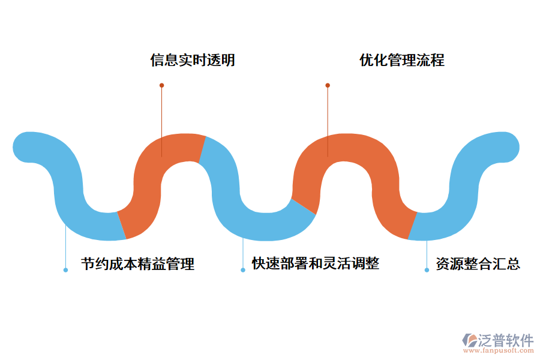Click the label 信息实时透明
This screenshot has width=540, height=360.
point(192,61)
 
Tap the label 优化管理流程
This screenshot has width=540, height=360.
point(401,61)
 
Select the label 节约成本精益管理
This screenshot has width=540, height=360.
point(137,264)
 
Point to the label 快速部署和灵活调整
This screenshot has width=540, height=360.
point(315,263)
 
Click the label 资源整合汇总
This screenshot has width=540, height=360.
point(478,264)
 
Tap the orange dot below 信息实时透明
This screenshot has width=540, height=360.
point(161,85)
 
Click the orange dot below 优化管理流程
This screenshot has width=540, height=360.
point(328,85)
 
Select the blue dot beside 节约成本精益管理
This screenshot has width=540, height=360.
point(65,270)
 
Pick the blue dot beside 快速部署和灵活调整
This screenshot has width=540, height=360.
point(243,270)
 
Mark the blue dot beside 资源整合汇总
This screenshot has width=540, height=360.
point(427,270)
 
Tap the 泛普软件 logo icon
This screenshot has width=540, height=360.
point(469,340)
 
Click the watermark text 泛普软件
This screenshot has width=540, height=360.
point(506,340)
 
